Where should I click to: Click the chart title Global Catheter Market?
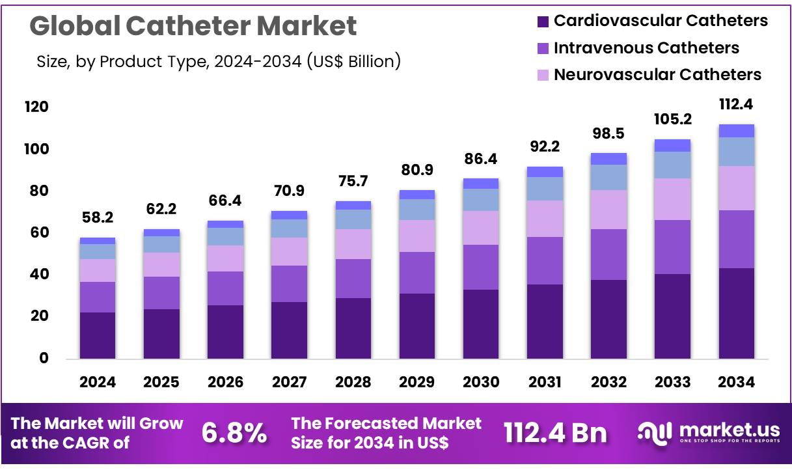point(193,26)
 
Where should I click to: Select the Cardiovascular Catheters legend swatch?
point(543,21)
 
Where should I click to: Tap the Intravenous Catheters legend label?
point(646,48)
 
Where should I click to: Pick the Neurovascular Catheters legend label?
point(657,75)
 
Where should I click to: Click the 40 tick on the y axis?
point(38,274)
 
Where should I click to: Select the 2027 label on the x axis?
point(289,383)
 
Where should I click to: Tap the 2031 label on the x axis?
point(545,383)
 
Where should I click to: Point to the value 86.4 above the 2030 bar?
point(481,158)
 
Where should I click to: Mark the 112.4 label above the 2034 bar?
point(737,104)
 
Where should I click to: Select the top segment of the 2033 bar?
point(672,145)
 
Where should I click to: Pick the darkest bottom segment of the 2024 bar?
point(98,335)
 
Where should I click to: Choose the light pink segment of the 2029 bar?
point(417,236)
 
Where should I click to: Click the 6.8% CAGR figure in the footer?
point(234,432)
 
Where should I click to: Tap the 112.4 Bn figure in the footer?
point(555,432)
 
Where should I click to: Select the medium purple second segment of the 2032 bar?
point(608,255)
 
